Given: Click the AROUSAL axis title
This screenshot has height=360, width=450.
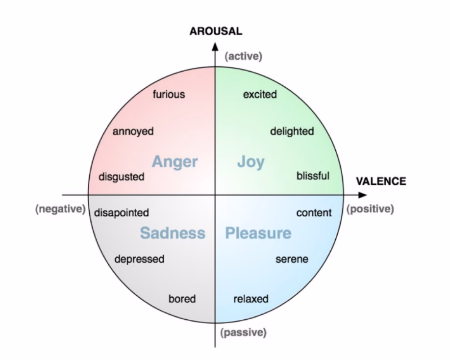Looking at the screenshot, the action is point(216,31).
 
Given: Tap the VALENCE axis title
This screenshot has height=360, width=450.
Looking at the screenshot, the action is point(381,181).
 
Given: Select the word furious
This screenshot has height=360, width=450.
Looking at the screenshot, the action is point(169,94).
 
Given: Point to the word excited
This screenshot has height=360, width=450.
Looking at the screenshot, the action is point(260,94).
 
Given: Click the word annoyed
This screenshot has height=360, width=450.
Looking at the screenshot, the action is point(133,131).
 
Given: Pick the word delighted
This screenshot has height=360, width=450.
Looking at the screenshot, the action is point(292,131).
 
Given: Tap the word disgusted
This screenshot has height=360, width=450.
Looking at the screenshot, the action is point(122,177).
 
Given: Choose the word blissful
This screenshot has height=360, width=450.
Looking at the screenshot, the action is point(313,176).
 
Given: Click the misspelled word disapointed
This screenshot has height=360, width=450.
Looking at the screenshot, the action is point(122,213).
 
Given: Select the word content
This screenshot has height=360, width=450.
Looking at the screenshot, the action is point(314,213).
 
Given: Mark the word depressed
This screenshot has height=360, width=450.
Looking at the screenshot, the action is point(139,259).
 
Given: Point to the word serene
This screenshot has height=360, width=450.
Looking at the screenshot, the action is point(292,259).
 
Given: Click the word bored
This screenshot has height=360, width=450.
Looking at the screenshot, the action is point(182,299).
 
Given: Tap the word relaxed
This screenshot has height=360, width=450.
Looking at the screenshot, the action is point(251,299).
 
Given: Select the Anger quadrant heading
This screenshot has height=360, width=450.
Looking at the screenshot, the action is point(175,162).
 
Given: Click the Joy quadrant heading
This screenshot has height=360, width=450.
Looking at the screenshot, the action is point(251,162).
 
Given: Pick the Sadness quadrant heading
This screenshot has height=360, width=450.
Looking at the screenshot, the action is point(173,233).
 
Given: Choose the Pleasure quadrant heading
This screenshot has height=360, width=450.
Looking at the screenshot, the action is point(258,233).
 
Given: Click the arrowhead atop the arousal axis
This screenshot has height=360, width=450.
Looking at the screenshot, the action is point(215,47).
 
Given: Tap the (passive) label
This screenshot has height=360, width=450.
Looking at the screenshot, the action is point(243,333).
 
